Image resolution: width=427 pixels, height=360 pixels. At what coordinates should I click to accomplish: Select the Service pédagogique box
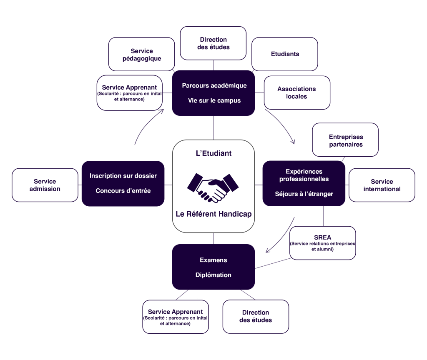[x=142, y=54]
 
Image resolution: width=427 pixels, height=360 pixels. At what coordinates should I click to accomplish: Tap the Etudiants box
[x=285, y=54]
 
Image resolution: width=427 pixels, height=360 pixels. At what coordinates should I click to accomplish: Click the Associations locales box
[x=297, y=92]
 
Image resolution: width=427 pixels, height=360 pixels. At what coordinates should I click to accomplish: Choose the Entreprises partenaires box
[x=345, y=140]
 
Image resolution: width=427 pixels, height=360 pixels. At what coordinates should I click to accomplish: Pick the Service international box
[x=382, y=185]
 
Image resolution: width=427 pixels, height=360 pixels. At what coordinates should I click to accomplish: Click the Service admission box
[x=45, y=185]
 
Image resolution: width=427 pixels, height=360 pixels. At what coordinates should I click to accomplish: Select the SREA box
[x=323, y=243]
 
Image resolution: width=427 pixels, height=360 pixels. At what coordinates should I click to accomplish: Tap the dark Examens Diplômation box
[x=213, y=267]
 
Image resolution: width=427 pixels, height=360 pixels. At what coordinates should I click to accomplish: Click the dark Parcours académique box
[x=213, y=93]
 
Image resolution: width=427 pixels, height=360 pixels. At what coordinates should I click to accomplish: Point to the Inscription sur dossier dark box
[x=123, y=184]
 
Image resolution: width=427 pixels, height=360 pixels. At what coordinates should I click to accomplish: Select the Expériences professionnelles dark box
[x=304, y=183]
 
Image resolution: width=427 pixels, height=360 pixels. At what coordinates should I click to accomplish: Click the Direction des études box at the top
[x=213, y=43]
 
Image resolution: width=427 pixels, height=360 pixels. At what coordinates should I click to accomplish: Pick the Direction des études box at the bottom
[x=256, y=317]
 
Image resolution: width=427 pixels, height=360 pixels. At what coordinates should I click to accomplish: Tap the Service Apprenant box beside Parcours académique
[x=130, y=93]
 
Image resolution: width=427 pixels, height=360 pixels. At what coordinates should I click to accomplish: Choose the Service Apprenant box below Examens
[x=176, y=317]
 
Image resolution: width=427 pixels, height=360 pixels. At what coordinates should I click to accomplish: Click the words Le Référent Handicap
[x=214, y=214]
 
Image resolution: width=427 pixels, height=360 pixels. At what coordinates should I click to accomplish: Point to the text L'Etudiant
[x=214, y=153]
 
